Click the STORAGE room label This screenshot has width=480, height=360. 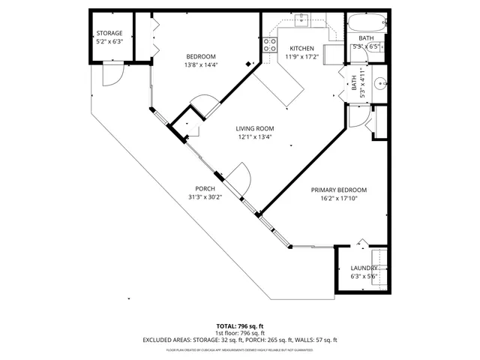tap(109, 34)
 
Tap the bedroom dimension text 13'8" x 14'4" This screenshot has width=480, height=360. tap(201, 65)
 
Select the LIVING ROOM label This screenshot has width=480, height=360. tap(255, 128)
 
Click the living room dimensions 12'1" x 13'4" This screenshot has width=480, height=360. tap(255, 136)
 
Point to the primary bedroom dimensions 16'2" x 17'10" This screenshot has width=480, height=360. tap(339, 199)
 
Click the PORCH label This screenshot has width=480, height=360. tap(205, 189)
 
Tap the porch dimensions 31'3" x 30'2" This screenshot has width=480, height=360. tap(205, 197)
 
